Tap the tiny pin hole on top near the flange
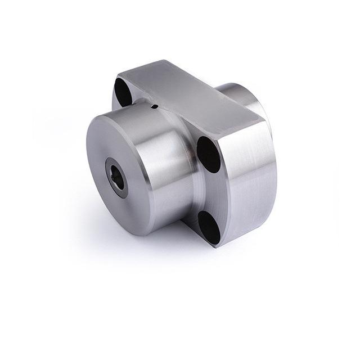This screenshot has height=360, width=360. point(155,105)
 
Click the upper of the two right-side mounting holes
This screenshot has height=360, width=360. point(208,154)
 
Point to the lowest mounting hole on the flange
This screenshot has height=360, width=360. point(210,228)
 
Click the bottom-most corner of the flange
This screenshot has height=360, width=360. point(216,246)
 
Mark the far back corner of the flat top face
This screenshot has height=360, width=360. point(166,60)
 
